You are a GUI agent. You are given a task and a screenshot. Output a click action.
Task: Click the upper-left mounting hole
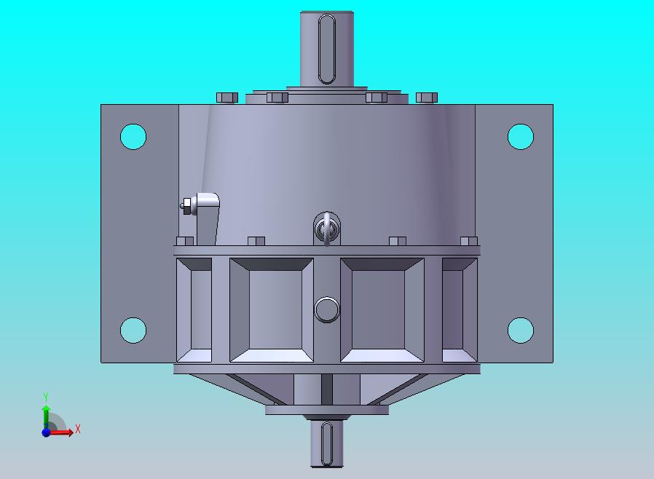tap(133, 136)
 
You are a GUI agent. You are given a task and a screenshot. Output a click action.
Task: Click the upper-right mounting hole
tap(521, 136)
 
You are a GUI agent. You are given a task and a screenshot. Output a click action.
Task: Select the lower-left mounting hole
tap(133, 330)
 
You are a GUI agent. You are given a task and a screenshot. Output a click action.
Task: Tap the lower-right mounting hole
tap(521, 330)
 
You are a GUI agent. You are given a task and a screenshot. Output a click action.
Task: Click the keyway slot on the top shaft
tap(326, 49)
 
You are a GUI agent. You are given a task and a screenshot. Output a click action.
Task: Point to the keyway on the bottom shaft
tap(327, 443)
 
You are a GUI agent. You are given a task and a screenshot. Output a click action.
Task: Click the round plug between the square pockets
tap(326, 309)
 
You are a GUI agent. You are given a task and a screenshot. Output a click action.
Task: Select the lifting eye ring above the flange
tap(326, 229)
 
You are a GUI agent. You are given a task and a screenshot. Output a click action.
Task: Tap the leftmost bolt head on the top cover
tap(227, 98)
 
